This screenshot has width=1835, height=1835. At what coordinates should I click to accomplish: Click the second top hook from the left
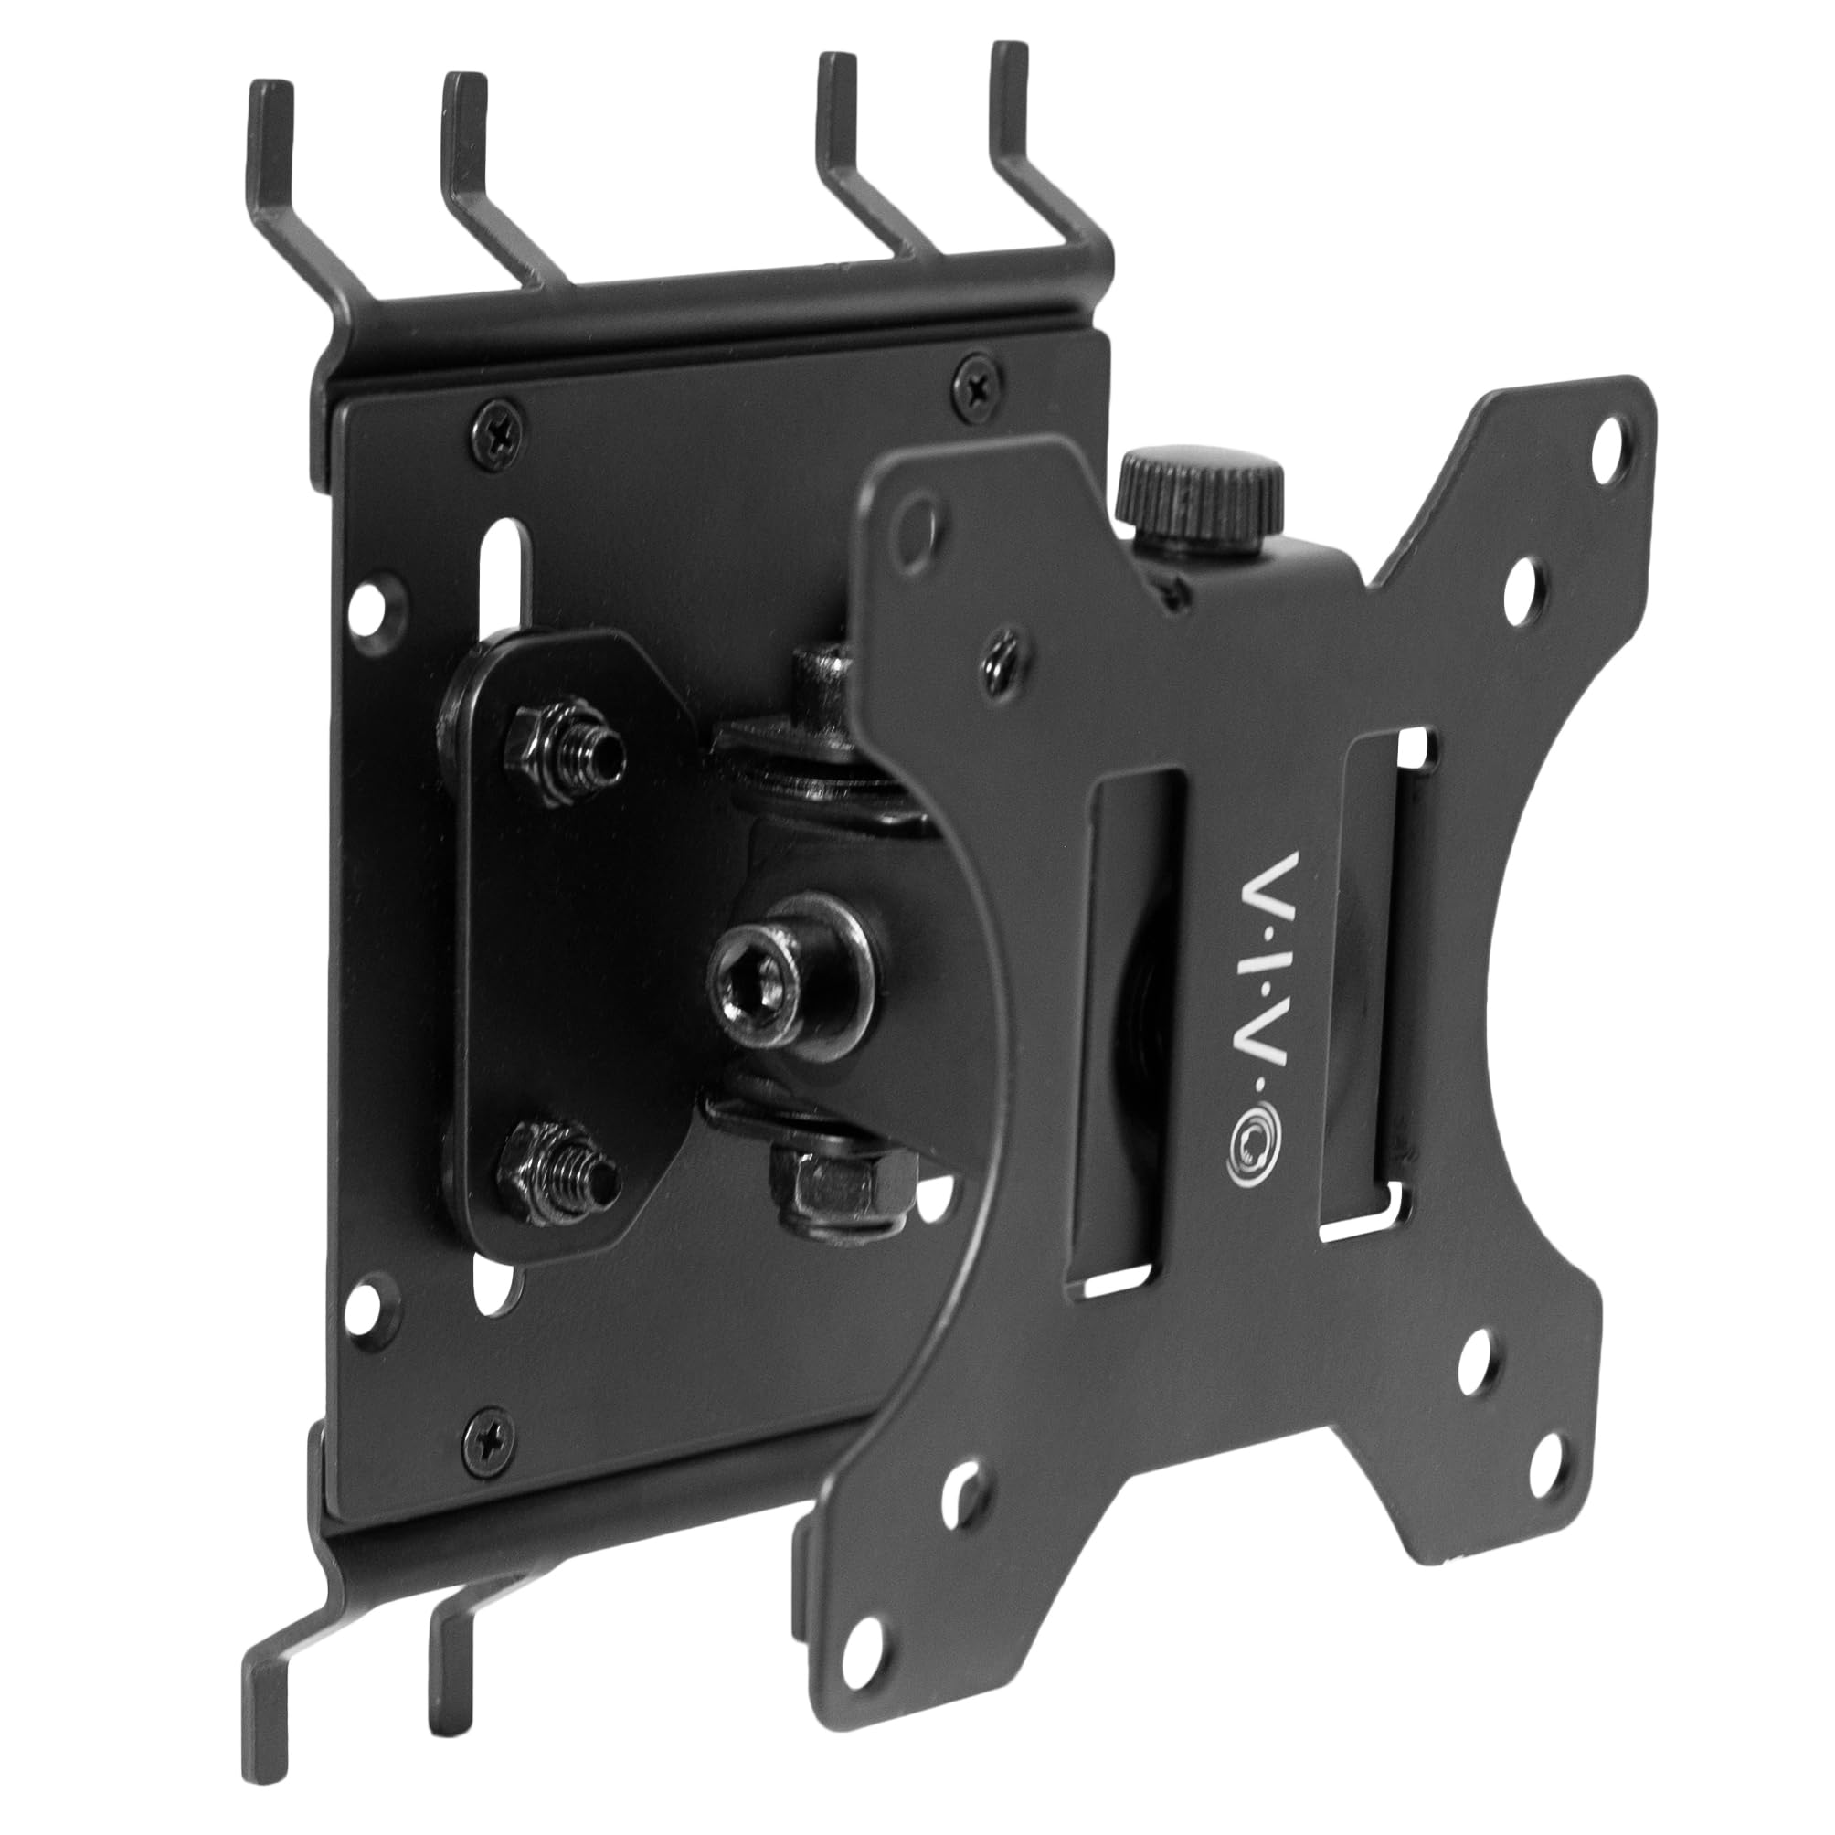(x=466, y=143)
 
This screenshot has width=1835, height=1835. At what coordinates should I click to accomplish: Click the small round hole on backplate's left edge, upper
(x=378, y=600)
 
